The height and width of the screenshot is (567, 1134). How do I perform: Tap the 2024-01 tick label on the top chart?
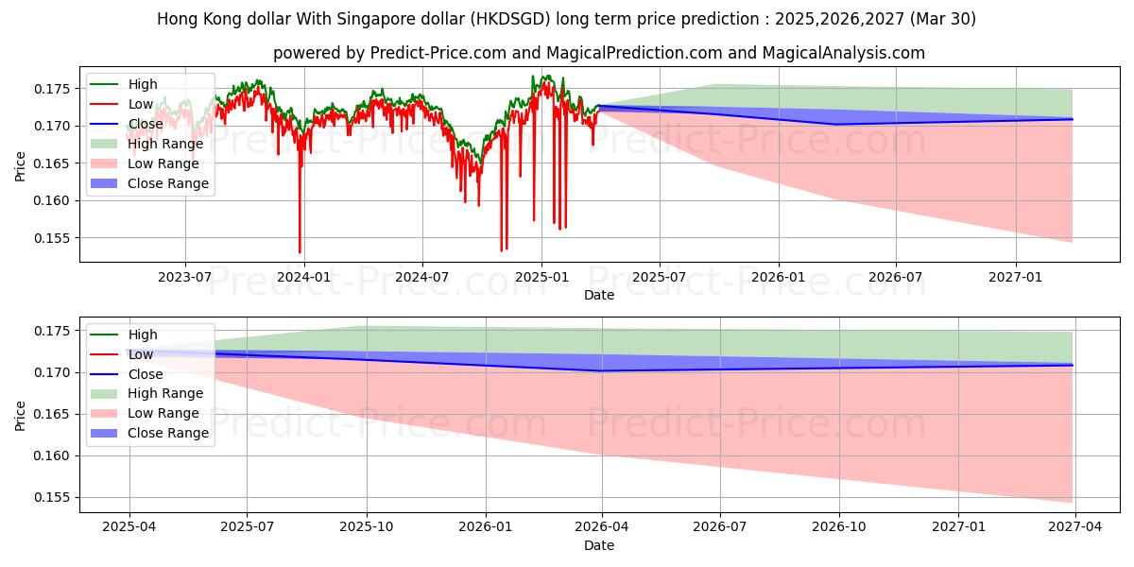[x=303, y=277]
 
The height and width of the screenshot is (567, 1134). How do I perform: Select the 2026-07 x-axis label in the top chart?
[x=896, y=277]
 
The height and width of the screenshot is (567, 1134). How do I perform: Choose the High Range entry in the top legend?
[x=165, y=144]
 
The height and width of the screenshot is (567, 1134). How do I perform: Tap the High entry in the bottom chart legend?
[x=143, y=335]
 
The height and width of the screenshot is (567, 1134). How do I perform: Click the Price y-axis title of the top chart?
[x=21, y=166]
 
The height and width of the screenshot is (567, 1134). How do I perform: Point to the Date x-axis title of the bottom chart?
[x=599, y=545]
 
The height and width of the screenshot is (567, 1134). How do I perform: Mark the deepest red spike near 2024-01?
[x=301, y=252]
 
